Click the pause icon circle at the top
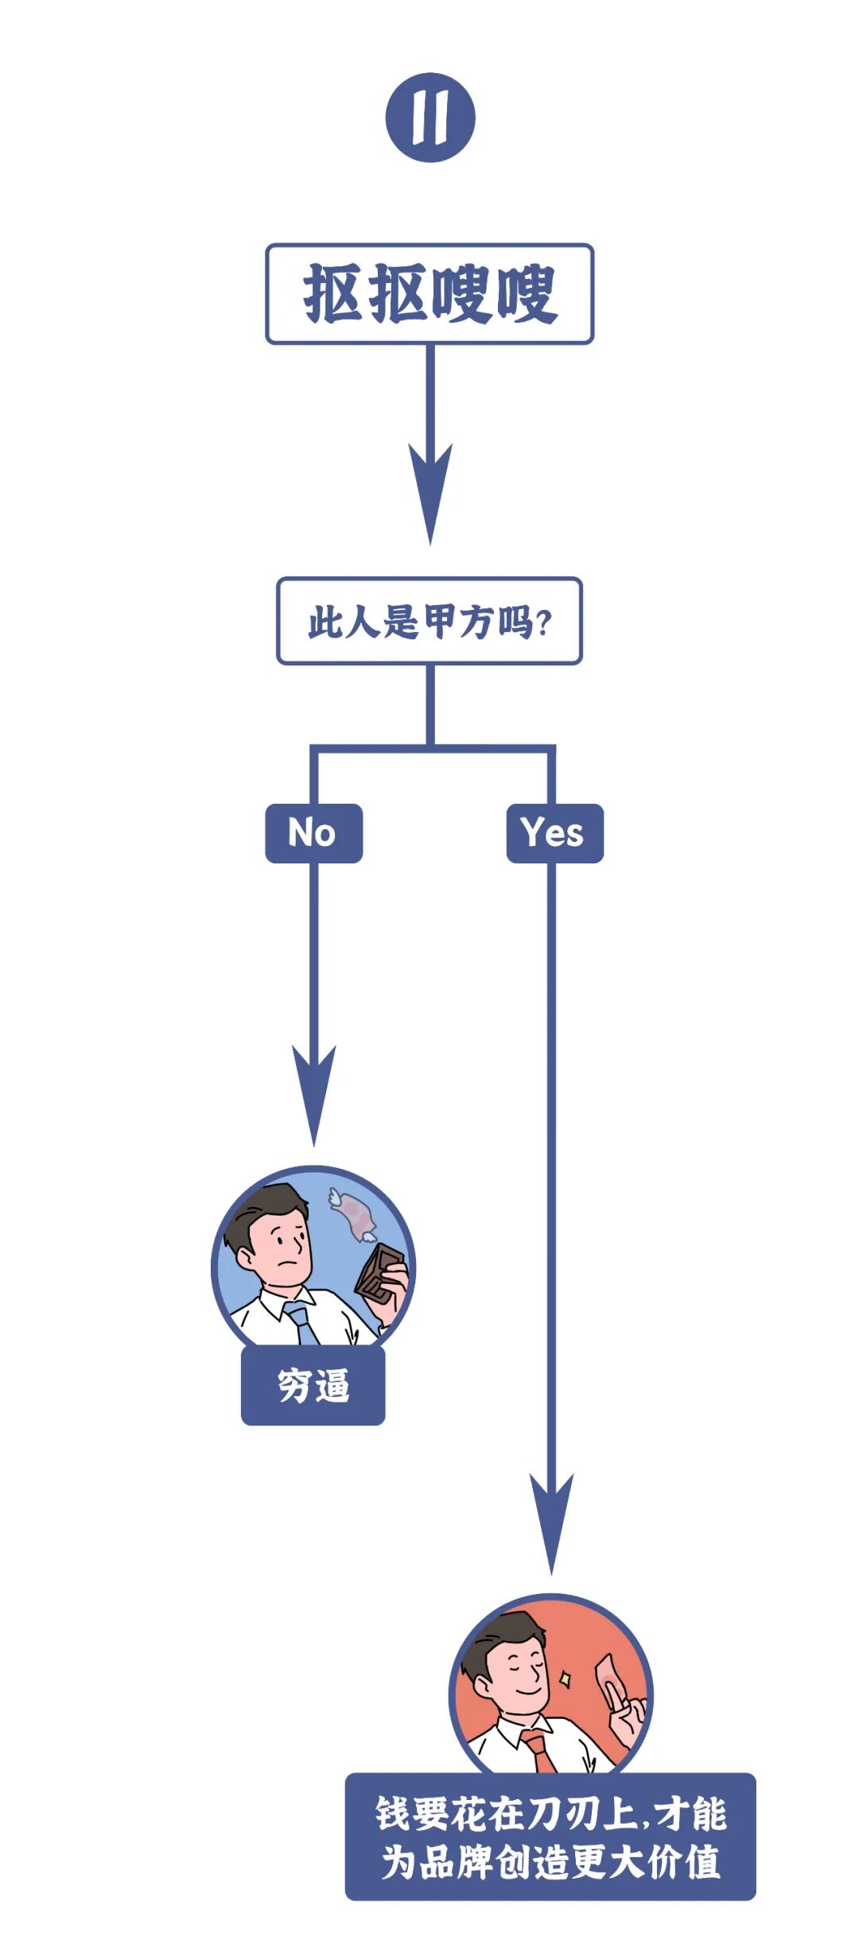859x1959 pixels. (430, 118)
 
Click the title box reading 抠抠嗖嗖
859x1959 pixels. (429, 294)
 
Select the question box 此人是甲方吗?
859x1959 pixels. (429, 621)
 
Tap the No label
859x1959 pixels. (313, 833)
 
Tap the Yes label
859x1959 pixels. (554, 833)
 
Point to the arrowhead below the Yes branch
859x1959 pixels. (551, 1519)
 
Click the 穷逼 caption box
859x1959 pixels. (313, 1385)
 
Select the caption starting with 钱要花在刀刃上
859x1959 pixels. (550, 1837)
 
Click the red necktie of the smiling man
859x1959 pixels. (540, 1749)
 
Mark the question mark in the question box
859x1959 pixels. (544, 623)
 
